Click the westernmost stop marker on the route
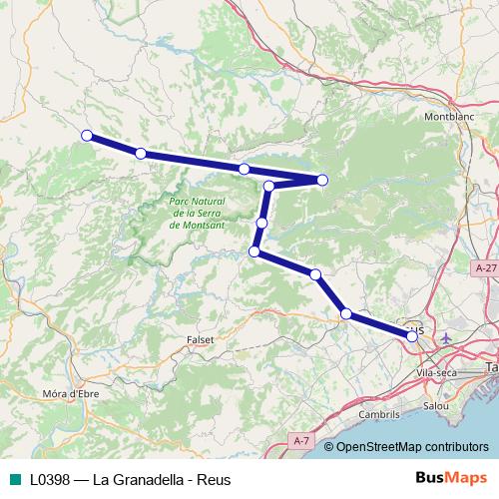pyautogui.click(x=87, y=135)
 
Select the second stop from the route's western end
pyautogui.click(x=141, y=153)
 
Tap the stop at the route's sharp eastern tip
pyautogui.click(x=322, y=180)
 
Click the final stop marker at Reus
pyautogui.click(x=412, y=336)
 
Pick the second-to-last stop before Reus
pyautogui.click(x=346, y=314)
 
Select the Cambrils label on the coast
pyautogui.click(x=378, y=413)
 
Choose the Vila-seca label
pyautogui.click(x=432, y=372)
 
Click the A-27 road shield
pyautogui.click(x=485, y=268)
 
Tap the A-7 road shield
pyautogui.click(x=302, y=439)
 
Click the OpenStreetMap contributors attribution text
pyautogui.click(x=412, y=447)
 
